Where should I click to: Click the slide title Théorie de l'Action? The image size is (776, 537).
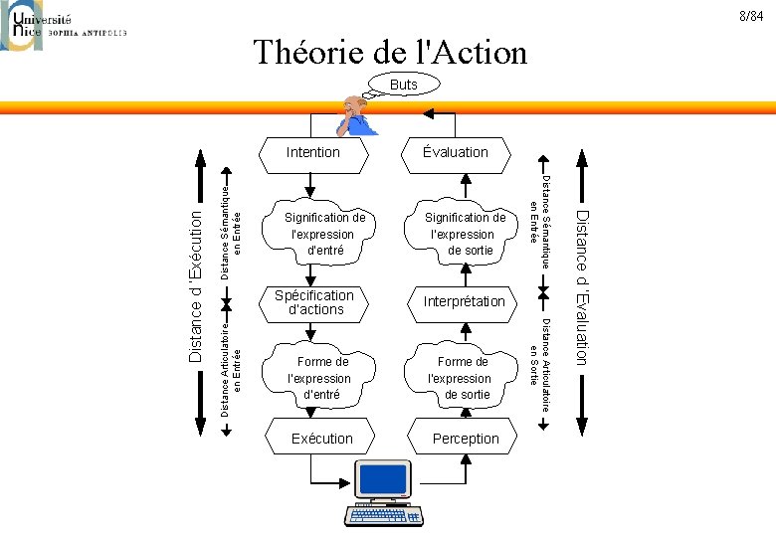[x=389, y=52]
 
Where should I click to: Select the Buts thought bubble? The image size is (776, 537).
[x=404, y=86]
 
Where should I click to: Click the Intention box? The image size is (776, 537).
[x=312, y=152]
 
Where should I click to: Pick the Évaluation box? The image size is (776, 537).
[x=455, y=152]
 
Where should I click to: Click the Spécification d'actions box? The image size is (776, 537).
[x=314, y=302]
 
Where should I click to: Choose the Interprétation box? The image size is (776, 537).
[x=464, y=301]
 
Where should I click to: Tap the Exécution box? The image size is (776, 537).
[x=321, y=439]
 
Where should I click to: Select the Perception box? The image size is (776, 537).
[x=466, y=439]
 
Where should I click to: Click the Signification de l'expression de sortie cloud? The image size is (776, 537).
[x=465, y=234]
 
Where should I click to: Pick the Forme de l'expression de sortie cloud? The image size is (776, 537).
[x=461, y=378]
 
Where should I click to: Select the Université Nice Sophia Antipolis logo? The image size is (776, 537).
[x=65, y=25]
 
